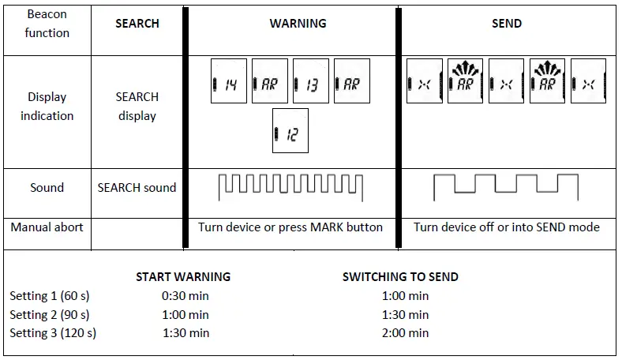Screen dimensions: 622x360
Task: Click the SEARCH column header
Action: (137, 24)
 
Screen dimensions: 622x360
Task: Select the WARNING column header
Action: (298, 24)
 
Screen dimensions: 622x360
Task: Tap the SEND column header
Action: (506, 24)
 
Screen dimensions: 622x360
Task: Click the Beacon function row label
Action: (47, 24)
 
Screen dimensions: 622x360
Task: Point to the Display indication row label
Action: (47, 107)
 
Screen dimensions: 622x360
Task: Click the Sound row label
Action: (47, 188)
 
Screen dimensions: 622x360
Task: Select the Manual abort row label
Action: (47, 227)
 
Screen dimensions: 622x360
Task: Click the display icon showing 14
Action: (229, 82)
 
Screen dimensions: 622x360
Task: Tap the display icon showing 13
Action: (311, 82)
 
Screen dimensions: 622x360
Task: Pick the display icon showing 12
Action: (290, 131)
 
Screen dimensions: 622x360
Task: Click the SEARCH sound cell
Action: (137, 188)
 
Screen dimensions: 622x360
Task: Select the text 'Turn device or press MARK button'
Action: (290, 227)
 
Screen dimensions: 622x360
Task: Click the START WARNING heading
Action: (183, 277)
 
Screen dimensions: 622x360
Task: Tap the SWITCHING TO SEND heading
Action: (400, 277)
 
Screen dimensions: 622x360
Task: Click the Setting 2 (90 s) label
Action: (50, 314)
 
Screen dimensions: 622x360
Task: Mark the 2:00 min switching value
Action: (405, 333)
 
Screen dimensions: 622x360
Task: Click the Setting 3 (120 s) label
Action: (53, 333)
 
